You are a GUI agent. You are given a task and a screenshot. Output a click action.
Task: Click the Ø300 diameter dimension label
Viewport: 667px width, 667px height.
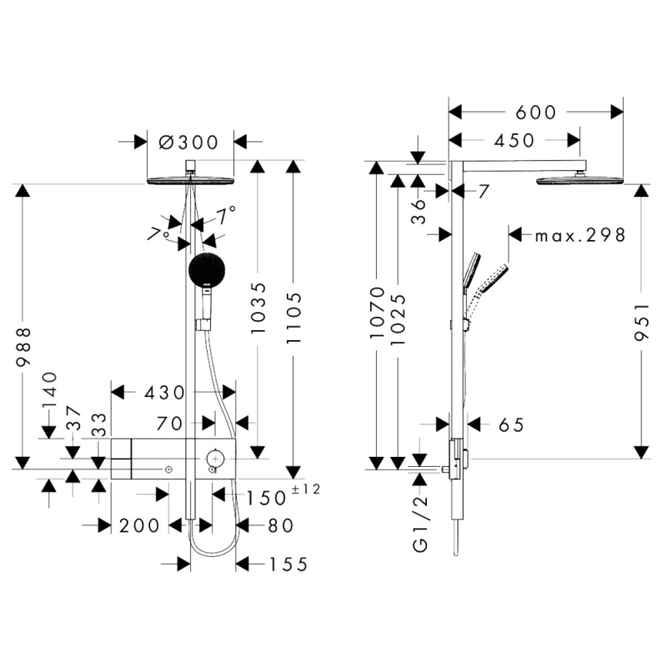pos(188,142)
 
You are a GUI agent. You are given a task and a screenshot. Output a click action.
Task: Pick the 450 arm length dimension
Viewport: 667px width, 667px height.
pos(514,140)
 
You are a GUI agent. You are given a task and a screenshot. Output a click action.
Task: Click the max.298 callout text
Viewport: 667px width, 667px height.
pos(580,235)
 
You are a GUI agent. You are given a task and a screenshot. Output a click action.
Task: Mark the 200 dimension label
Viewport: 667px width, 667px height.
pos(139,525)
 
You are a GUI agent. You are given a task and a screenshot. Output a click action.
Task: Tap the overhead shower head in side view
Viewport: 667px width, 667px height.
pos(579,180)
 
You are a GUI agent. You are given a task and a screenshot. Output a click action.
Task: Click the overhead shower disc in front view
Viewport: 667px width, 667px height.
pos(192,181)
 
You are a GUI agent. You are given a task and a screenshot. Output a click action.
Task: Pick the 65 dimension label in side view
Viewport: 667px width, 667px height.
pos(510,425)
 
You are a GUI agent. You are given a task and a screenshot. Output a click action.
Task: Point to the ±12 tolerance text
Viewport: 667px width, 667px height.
pos(305,489)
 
